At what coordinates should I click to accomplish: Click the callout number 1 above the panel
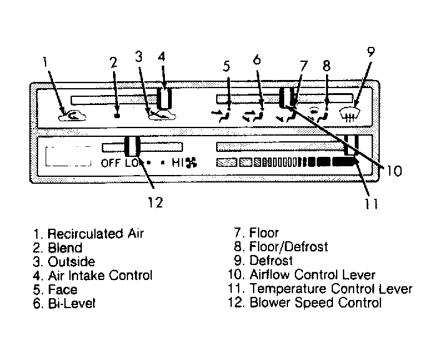(44, 62)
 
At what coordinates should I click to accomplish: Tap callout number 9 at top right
(370, 51)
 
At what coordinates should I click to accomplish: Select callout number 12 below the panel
(156, 202)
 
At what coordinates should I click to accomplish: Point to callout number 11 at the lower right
(371, 204)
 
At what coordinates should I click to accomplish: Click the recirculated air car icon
(72, 115)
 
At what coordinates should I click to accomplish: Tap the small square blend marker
(116, 115)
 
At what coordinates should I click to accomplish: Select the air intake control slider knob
(164, 98)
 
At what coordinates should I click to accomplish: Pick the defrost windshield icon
(350, 114)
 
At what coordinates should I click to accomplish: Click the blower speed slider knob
(132, 146)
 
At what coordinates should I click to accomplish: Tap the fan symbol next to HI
(191, 162)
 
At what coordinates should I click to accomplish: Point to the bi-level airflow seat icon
(253, 115)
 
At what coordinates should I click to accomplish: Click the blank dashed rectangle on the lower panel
(68, 156)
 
